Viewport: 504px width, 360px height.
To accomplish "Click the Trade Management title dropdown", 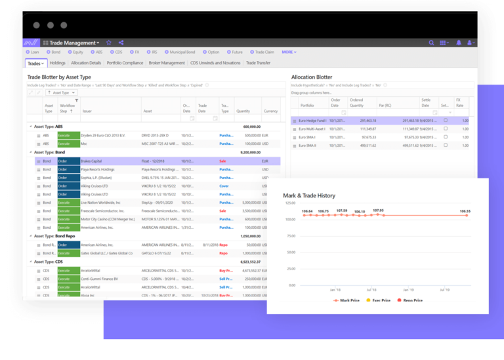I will click(73, 43).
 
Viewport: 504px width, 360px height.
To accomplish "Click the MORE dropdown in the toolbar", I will click(289, 52).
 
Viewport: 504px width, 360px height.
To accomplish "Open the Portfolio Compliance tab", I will click(124, 63).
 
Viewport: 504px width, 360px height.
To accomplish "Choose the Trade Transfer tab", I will click(258, 63).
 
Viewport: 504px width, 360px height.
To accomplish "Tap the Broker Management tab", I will click(166, 63).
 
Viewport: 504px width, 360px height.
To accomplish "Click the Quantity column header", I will click(243, 111).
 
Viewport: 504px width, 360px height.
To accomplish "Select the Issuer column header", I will click(87, 111).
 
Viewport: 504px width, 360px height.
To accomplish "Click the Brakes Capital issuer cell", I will click(91, 160).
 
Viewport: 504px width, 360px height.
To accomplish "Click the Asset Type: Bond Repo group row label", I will click(59, 236).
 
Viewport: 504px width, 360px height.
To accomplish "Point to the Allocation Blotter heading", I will click(312, 77).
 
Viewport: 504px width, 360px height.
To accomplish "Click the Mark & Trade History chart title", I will click(308, 195).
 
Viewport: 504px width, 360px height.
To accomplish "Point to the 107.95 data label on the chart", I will click(377, 211).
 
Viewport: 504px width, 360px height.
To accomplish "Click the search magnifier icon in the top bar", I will click(430, 43).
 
